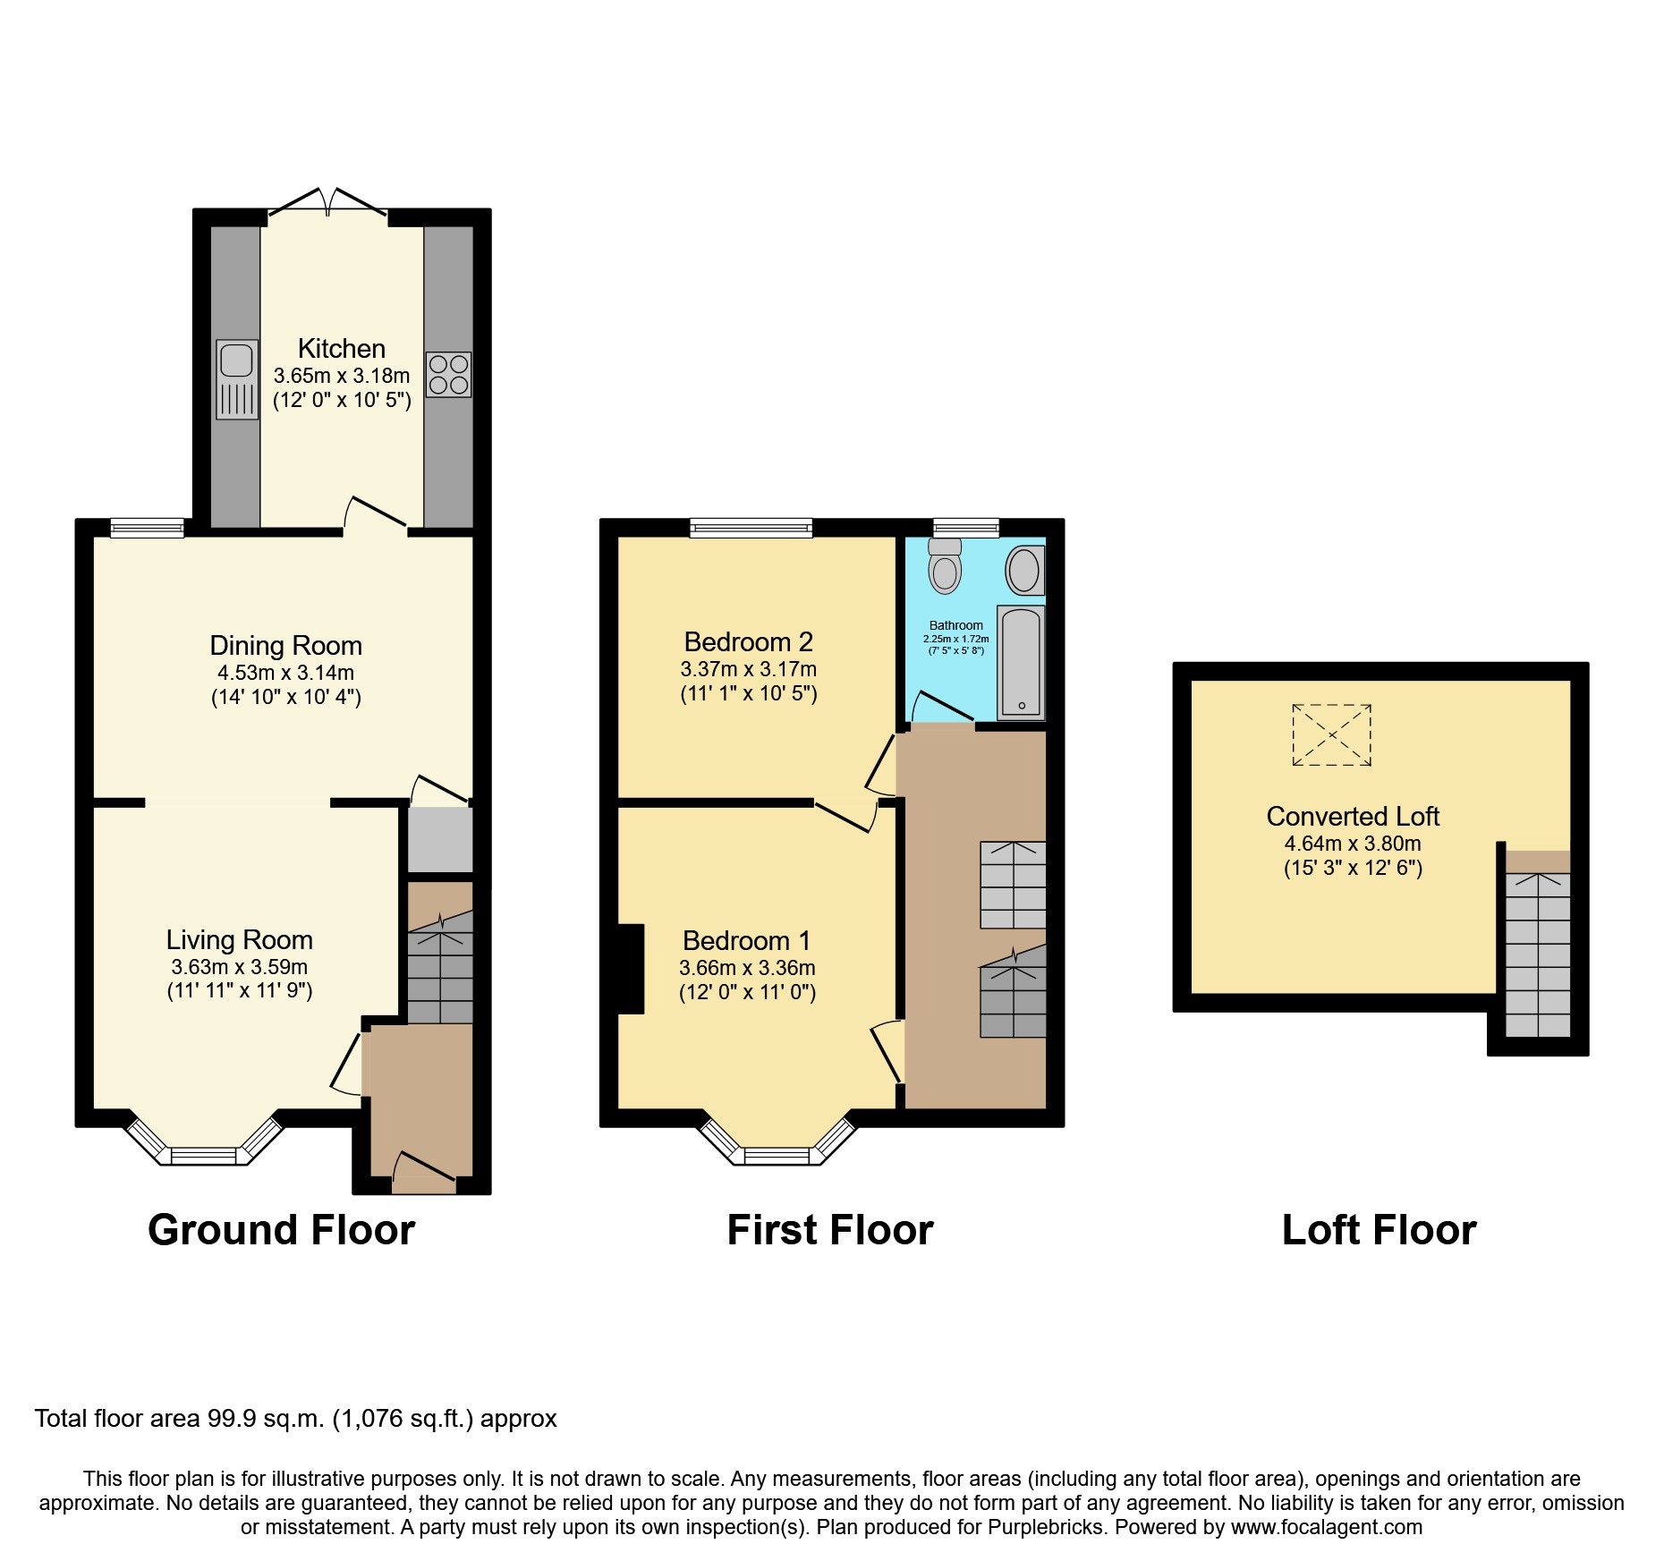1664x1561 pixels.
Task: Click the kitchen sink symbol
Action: [x=237, y=379]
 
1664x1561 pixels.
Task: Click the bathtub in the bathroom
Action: [x=1021, y=663]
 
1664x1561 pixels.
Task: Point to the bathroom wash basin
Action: [x=1025, y=570]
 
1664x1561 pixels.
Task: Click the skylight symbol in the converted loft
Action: [x=1331, y=735]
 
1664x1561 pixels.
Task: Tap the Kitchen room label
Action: [x=341, y=348]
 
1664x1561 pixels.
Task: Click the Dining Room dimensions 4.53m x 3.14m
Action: [x=285, y=673]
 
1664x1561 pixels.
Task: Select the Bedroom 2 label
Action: [x=748, y=641]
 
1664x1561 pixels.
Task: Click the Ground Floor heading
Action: [x=281, y=1230]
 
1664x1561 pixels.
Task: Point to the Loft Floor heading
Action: [x=1379, y=1230]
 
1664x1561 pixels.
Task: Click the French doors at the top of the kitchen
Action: [x=328, y=204]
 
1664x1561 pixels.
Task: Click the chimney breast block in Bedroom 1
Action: [x=631, y=969]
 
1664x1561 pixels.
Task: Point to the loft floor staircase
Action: [x=1537, y=954]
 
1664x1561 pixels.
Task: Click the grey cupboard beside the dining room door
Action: [x=440, y=839]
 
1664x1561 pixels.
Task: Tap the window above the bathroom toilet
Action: [x=965, y=528]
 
